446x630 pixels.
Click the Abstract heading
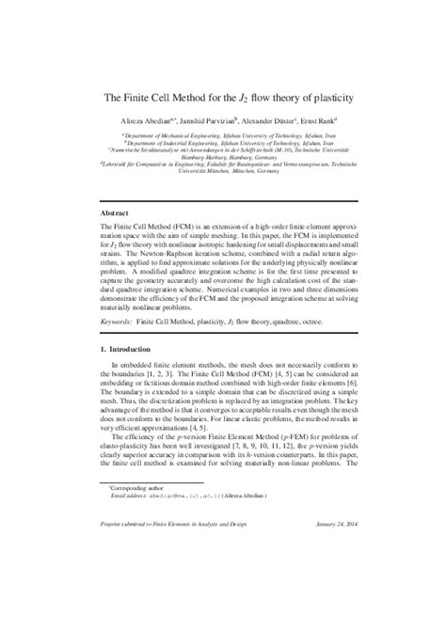click(115, 213)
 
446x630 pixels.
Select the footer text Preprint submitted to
click(131, 603)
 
